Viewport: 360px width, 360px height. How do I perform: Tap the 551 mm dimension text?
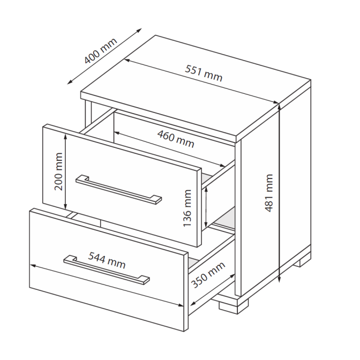point(204,73)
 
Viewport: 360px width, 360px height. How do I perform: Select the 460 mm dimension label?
point(176,139)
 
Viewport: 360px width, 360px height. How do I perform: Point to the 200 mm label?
point(59,171)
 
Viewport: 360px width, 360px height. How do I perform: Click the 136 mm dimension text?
point(187,208)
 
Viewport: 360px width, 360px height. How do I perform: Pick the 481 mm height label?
point(269,193)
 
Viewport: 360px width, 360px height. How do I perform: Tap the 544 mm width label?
point(107,260)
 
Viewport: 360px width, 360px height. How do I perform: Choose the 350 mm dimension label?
point(208,275)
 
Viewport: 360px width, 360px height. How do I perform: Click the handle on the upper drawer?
point(119,190)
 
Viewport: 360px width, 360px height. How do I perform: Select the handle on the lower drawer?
point(107,269)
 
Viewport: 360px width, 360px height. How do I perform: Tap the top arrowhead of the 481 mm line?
point(279,107)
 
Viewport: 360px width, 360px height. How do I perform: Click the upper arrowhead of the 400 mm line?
point(139,30)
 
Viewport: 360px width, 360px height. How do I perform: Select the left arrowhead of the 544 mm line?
point(33,266)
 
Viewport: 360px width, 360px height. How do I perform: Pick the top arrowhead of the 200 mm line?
point(65,137)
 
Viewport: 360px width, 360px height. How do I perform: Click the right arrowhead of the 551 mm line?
point(276,102)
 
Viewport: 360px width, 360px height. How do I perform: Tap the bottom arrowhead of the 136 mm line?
point(206,225)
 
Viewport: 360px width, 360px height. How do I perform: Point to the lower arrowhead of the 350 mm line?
point(193,304)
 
